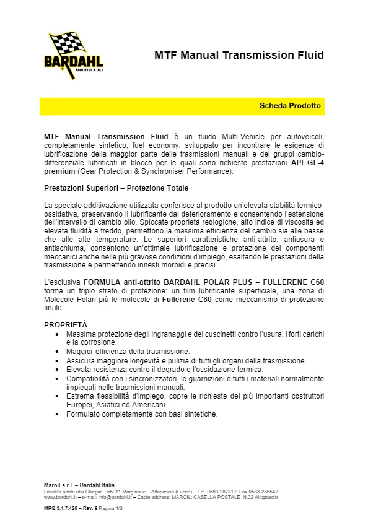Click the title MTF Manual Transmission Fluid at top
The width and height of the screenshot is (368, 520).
(239, 56)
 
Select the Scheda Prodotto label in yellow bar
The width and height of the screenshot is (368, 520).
(290, 106)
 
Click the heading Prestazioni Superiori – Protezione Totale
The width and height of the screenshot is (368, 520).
(116, 188)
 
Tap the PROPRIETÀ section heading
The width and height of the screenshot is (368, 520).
(66, 324)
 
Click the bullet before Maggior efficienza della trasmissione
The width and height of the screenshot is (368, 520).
(57, 352)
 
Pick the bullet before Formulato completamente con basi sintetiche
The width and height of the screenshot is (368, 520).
(57, 414)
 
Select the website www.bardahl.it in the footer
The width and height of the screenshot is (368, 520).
(60, 497)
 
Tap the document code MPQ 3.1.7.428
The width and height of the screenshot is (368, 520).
(64, 508)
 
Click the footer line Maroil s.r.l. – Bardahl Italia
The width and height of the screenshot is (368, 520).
(79, 485)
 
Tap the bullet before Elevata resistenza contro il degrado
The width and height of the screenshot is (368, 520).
(57, 369)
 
